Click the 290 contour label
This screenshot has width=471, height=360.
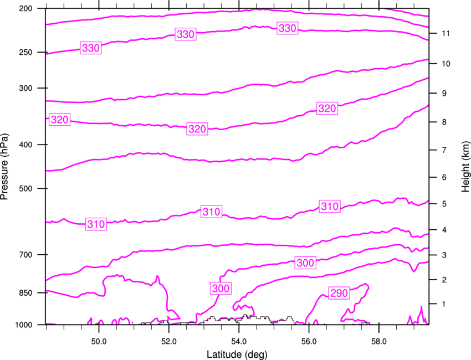point(340,293)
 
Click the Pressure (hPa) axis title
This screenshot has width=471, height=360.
point(6,167)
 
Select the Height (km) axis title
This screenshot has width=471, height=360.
point(465,167)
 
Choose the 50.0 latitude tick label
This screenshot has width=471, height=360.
point(99,339)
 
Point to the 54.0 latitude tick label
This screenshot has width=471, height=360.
point(239,339)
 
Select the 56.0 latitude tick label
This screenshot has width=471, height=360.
point(309,339)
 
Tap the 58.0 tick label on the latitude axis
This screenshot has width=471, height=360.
point(378,339)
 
